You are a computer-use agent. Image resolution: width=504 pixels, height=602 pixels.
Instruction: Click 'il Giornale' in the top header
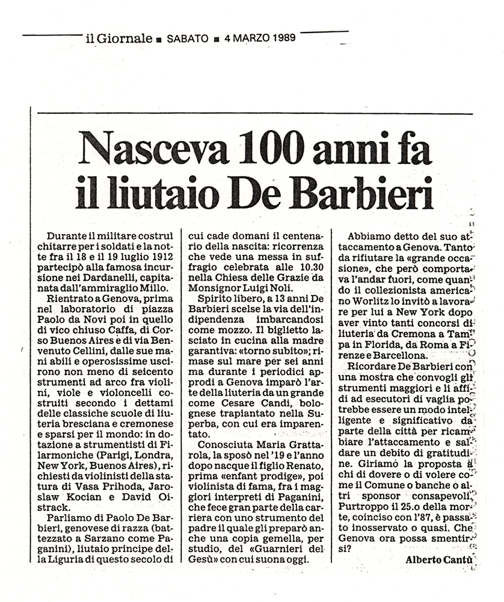click(118, 39)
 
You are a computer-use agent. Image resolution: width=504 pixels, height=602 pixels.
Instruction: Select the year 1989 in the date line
click(278, 39)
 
